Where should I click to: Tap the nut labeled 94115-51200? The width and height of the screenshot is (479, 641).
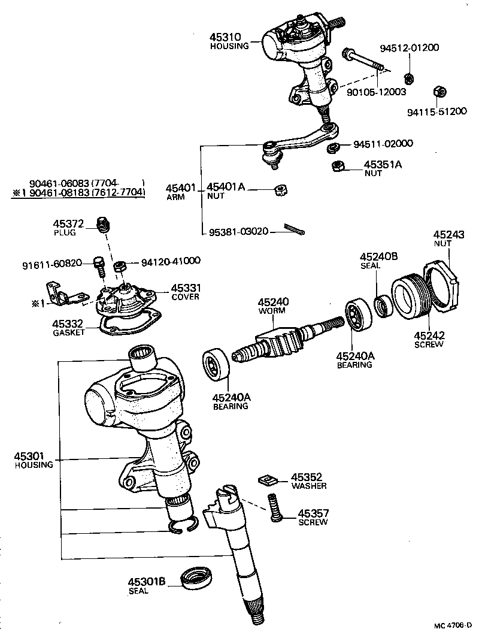[438, 92]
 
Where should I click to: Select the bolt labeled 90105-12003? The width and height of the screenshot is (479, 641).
[365, 64]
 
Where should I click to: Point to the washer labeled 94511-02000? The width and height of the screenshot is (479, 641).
[334, 147]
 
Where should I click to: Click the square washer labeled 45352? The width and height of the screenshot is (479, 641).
[267, 479]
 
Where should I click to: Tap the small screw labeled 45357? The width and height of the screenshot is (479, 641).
[275, 515]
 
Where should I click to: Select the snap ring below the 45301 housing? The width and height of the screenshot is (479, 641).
[183, 526]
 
